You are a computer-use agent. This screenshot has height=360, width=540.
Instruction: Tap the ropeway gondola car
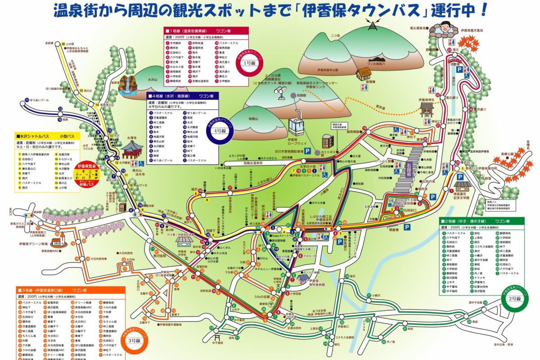(x=296, y=122)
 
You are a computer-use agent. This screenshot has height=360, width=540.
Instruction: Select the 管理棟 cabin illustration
(x=363, y=74)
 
